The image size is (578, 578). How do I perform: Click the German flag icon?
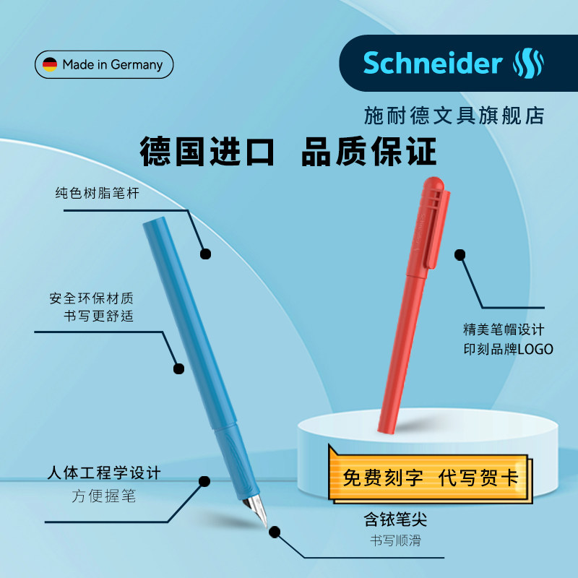click(x=50, y=64)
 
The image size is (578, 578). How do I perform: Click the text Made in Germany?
click(x=112, y=64)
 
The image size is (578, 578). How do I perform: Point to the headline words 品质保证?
click(x=370, y=152)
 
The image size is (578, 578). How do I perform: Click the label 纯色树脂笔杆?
click(x=97, y=194)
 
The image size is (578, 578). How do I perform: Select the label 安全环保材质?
click(x=92, y=298)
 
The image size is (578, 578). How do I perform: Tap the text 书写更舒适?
click(x=99, y=316)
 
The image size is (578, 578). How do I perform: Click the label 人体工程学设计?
click(x=103, y=474)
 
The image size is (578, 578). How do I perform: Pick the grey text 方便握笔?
click(x=103, y=496)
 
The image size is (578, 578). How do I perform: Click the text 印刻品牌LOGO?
click(x=508, y=349)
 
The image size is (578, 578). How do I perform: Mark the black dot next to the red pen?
click(x=460, y=254)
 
